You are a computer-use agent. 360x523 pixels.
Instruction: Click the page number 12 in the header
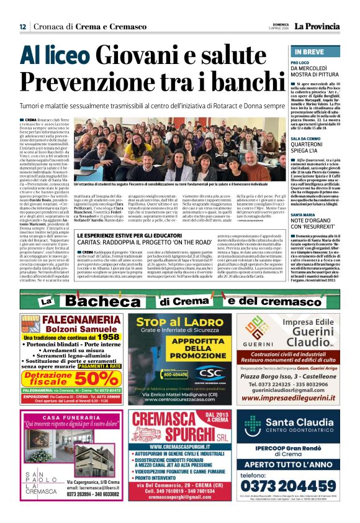coord(22,27)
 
